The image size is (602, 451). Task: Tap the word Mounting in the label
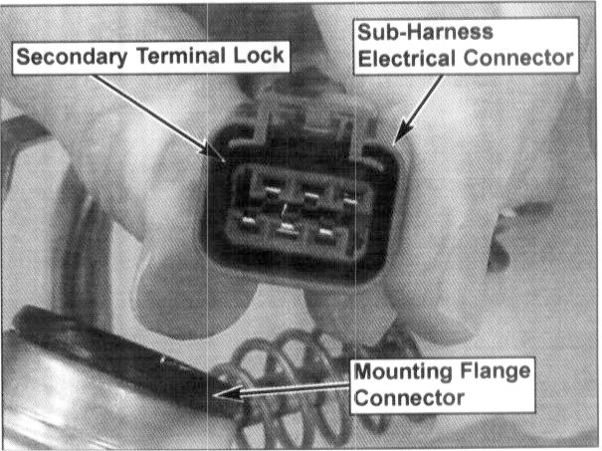tap(398, 375)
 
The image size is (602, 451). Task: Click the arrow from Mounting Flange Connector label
tap(289, 394)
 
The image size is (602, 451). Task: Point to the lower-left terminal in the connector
tap(245, 225)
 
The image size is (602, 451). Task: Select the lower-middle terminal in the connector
tap(289, 233)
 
